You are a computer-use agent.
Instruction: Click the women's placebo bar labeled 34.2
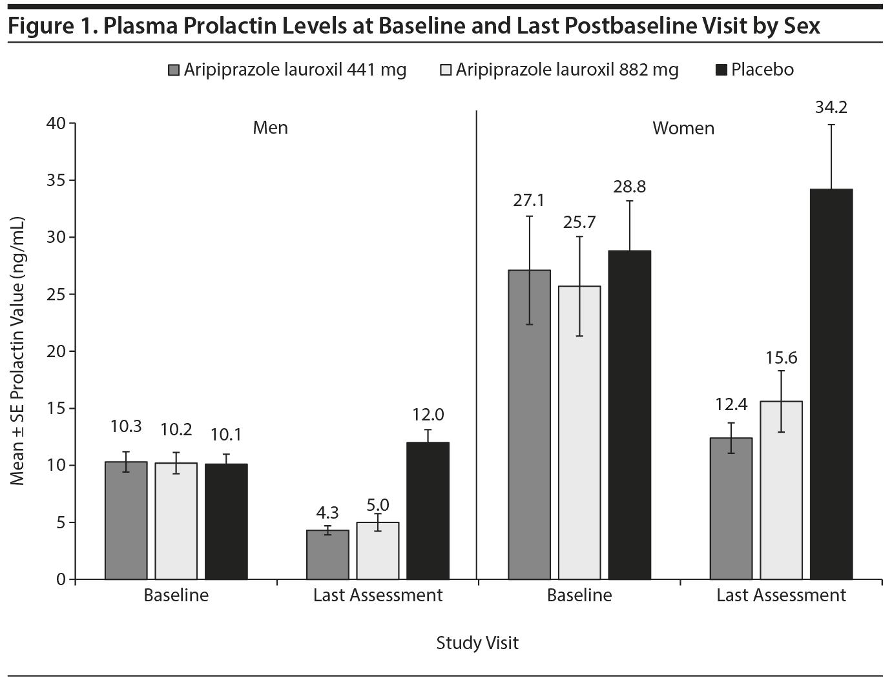[x=831, y=384]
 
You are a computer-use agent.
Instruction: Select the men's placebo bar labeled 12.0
[x=428, y=510]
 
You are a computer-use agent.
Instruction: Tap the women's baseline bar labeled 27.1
[x=529, y=424]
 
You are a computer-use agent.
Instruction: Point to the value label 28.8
[x=630, y=187]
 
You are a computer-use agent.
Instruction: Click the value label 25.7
[x=579, y=222]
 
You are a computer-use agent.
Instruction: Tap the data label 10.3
[x=126, y=426]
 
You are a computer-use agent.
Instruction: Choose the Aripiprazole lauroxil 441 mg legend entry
[x=287, y=70]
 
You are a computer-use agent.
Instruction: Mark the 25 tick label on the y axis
[x=57, y=294]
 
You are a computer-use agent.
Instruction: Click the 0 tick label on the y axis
[x=61, y=579]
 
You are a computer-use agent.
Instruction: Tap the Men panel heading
[x=270, y=128]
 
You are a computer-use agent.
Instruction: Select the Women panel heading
[x=683, y=129]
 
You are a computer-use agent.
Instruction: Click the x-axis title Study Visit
[x=477, y=643]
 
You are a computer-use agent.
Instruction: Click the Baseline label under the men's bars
[x=176, y=595]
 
